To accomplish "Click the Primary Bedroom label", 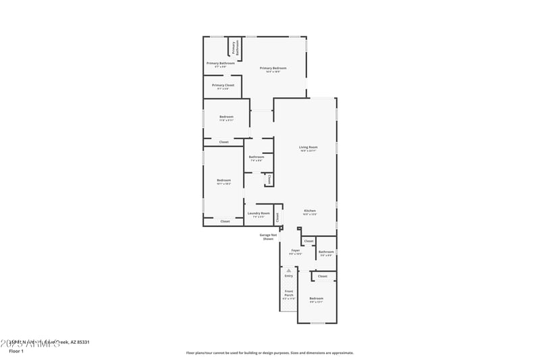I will (x=273, y=69).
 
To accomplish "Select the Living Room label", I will (x=308, y=148).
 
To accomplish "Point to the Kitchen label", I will (x=309, y=211).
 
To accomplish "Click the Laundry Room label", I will (x=259, y=214).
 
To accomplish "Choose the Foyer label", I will (x=296, y=251).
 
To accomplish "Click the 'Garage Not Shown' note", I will (x=268, y=237).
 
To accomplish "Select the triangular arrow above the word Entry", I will (x=289, y=270).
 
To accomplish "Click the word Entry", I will (x=289, y=276).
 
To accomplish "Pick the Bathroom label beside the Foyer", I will (x=326, y=253).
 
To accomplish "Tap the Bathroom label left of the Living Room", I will (x=256, y=158).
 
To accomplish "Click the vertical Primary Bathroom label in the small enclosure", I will (x=235, y=48).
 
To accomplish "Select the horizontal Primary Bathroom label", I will (x=221, y=63).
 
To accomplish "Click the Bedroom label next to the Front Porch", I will (x=317, y=299).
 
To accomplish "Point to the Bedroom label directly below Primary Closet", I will (x=226, y=118).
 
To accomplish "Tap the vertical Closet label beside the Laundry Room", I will (x=277, y=217).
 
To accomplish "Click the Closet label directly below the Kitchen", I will (x=308, y=241).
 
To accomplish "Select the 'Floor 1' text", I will (x=16, y=351).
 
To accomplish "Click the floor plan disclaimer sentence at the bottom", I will (x=269, y=353).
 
